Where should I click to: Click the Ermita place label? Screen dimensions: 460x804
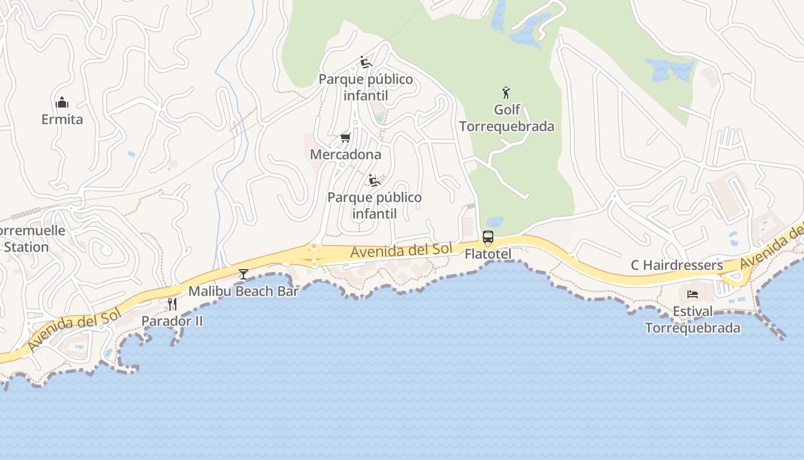62,120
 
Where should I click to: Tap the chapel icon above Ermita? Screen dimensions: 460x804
62,103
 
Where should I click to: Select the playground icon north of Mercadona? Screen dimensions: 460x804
365,62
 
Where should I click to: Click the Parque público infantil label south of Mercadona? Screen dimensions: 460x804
374,205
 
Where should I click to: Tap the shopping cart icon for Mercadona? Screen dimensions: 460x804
345,137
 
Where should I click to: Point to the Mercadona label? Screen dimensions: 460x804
345,154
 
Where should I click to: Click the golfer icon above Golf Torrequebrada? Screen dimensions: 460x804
506,93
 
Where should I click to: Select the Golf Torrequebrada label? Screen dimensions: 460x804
507,118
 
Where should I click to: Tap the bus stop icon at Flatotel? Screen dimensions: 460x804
488,236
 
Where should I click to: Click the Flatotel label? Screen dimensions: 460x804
488,254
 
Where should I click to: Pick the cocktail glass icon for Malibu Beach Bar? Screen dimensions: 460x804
243,274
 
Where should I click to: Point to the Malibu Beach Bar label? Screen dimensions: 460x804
243,291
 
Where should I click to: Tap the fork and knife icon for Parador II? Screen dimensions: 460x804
172,304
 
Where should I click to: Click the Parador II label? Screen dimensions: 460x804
172,321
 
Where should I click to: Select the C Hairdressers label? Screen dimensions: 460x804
677,265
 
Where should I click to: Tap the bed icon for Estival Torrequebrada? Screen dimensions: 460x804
693,294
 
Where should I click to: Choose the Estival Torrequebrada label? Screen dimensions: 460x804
693,320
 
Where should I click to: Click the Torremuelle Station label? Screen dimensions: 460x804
29,239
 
